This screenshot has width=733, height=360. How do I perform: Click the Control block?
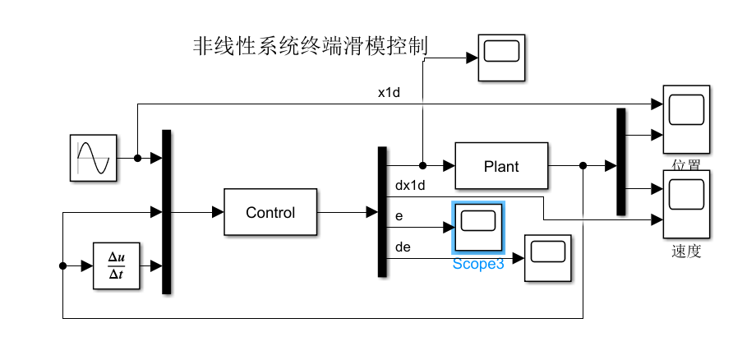(x=270, y=212)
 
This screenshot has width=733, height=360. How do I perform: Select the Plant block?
(x=500, y=166)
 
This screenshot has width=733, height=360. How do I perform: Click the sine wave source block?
(x=92, y=159)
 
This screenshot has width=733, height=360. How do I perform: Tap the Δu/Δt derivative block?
(x=116, y=266)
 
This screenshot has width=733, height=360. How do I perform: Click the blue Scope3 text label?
(x=477, y=265)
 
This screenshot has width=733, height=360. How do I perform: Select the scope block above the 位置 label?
(x=685, y=118)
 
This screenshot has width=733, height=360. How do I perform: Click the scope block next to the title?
(x=501, y=57)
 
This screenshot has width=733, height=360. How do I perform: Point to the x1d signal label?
(x=389, y=93)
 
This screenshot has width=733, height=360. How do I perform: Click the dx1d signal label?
(x=411, y=186)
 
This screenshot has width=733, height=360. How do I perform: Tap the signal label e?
(x=399, y=215)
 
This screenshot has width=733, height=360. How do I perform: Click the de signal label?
(x=403, y=246)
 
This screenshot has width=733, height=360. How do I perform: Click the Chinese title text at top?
(x=310, y=47)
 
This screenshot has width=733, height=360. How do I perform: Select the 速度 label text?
(x=685, y=252)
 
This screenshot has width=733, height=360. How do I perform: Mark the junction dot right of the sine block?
(x=137, y=159)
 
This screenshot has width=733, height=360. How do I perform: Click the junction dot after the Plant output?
(x=583, y=166)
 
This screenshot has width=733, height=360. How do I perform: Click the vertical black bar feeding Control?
(x=166, y=211)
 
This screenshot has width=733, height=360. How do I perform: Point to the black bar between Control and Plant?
(x=381, y=211)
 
